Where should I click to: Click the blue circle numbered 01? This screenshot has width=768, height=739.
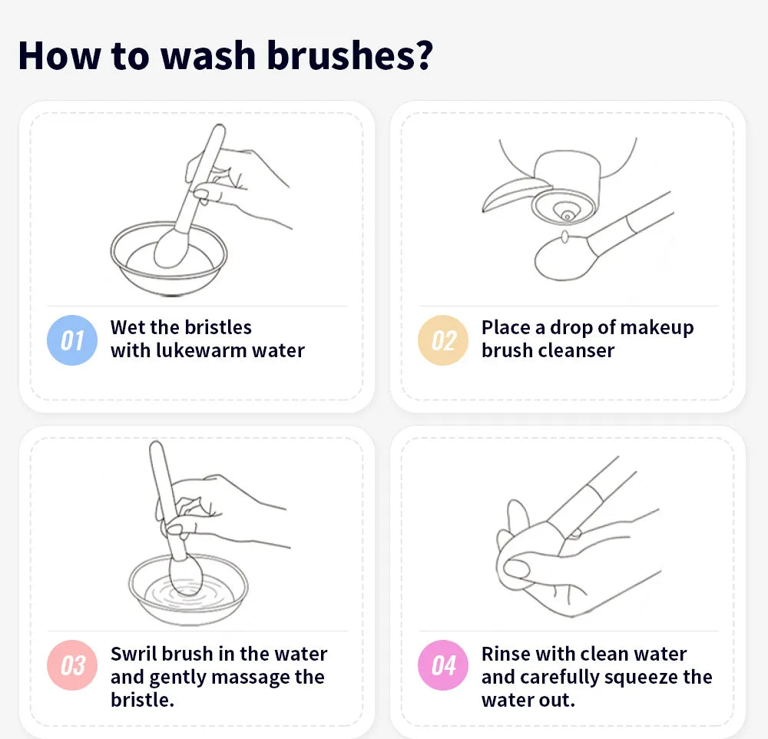point(72,340)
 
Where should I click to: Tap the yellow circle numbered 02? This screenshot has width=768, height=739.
point(443,340)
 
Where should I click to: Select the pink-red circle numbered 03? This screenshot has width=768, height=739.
point(72,665)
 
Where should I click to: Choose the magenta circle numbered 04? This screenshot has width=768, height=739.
point(443,665)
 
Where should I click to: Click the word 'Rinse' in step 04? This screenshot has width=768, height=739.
point(508,654)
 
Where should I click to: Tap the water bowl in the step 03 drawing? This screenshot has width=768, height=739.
point(188,595)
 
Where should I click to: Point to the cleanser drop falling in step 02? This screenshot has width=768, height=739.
point(564,237)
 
